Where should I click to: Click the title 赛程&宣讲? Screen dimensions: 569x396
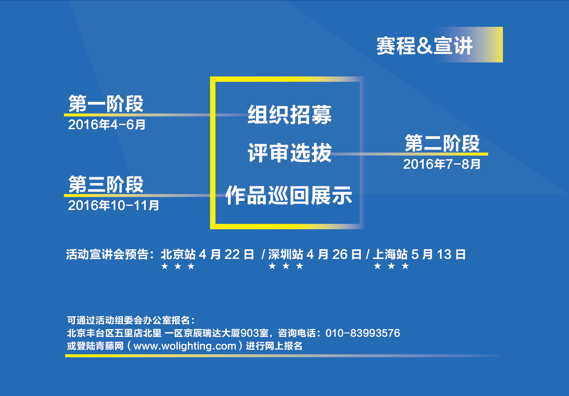click(424, 46)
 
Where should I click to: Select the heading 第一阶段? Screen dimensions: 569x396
click(106, 104)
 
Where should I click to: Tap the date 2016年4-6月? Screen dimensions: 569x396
click(107, 125)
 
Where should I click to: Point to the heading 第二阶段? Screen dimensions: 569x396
click(442, 143)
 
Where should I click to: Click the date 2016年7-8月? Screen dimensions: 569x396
click(442, 164)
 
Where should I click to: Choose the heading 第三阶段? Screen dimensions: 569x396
click(106, 184)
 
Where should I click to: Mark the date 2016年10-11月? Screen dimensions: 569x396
click(114, 205)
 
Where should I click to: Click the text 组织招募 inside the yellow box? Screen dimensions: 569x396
click(290, 115)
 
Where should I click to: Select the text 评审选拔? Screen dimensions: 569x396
click(290, 153)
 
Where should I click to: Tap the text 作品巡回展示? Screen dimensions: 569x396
click(289, 195)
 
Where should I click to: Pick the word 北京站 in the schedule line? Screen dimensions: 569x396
click(178, 254)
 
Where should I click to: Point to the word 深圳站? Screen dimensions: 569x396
click(286, 254)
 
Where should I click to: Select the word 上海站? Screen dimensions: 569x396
click(390, 254)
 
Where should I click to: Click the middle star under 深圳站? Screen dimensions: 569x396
click(286, 266)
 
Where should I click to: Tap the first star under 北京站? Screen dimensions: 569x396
click(164, 266)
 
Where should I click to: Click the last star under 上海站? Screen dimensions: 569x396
click(405, 266)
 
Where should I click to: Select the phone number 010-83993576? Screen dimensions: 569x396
click(363, 333)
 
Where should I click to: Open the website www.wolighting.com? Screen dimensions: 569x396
click(185, 346)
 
